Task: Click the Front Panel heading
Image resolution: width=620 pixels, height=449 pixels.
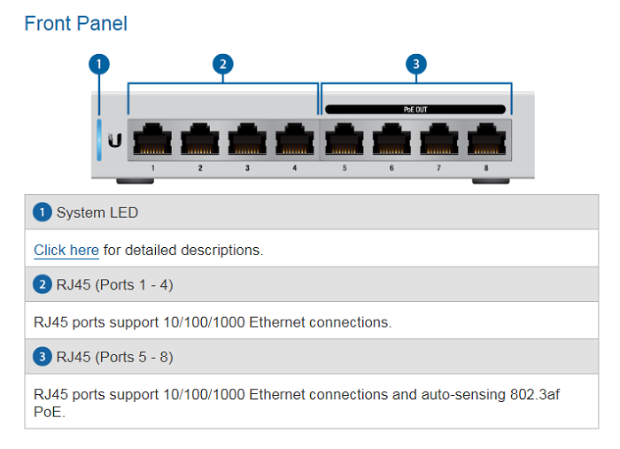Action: pos(75,24)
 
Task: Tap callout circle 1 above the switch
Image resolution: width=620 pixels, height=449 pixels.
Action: pos(99,64)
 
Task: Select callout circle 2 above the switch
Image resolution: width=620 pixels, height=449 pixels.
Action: pos(223,64)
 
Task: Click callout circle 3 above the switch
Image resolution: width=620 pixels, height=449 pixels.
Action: pos(415,64)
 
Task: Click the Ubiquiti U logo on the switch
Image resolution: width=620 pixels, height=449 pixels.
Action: pos(114,139)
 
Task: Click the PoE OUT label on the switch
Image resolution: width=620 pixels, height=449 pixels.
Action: pos(415,110)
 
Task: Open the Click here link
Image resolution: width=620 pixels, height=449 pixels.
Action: pos(66,250)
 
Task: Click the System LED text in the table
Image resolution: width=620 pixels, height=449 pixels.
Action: pos(97,213)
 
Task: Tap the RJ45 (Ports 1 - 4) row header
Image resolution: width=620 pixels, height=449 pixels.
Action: pos(114,285)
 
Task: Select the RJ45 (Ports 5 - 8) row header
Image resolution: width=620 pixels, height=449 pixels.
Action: pos(114,357)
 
